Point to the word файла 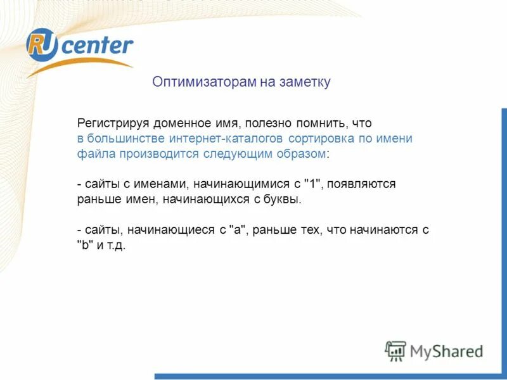(93, 154)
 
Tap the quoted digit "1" (311, 184)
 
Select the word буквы (284, 199)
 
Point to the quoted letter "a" (236, 230)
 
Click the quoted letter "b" (84, 246)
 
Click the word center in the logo (98, 45)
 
